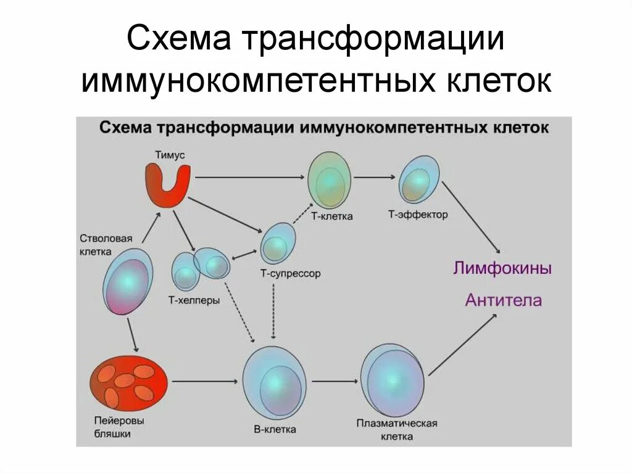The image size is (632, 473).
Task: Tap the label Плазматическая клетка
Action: (x=396, y=429)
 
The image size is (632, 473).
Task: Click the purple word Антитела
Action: (x=504, y=300)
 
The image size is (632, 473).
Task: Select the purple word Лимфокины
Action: (x=502, y=269)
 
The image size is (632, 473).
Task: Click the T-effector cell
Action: (x=420, y=179)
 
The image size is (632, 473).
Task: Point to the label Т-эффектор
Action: (x=418, y=215)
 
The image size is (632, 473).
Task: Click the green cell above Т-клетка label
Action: (x=330, y=179)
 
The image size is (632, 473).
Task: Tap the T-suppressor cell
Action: (x=278, y=244)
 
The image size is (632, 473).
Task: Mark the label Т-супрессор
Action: (x=291, y=273)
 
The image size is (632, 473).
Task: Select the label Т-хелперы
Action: (x=194, y=301)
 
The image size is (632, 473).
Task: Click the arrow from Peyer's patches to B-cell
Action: (x=204, y=382)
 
